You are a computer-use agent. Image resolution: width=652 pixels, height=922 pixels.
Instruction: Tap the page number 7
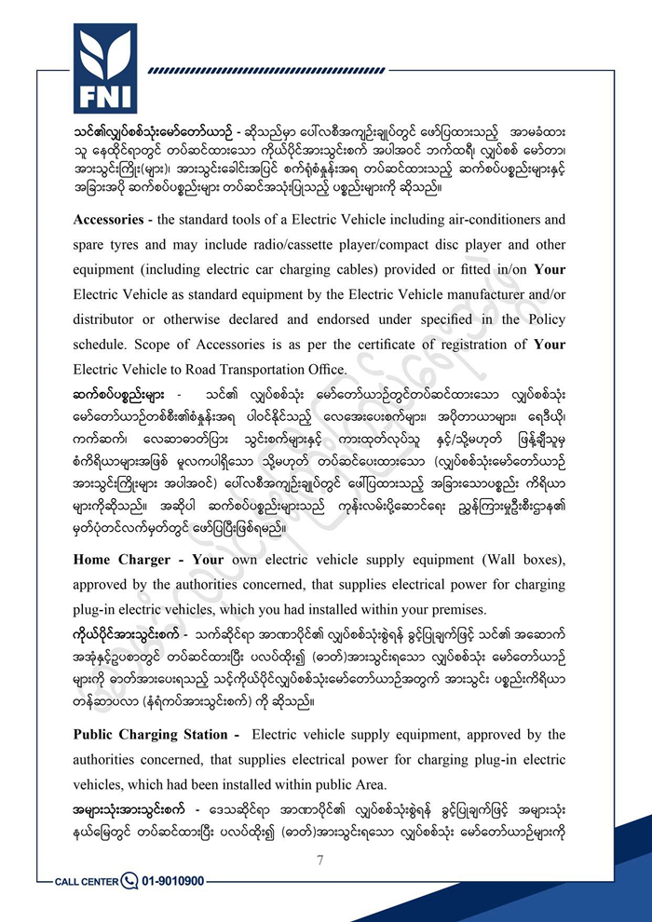coord(319,860)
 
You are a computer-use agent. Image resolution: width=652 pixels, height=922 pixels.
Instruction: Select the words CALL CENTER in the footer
coord(87,881)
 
